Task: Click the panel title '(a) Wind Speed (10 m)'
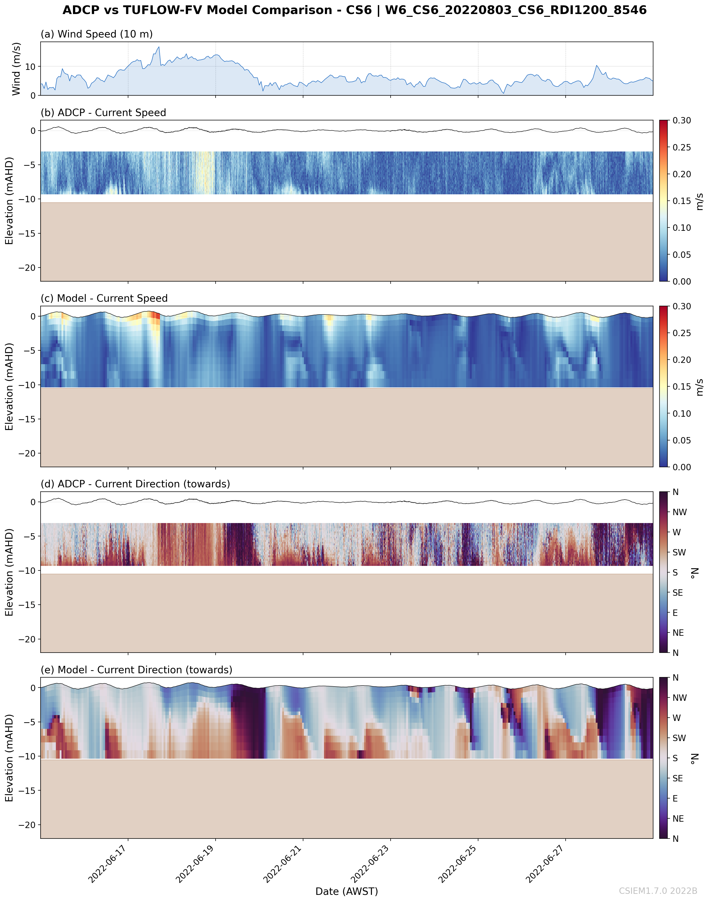tap(96, 34)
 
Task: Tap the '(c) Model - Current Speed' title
tap(104, 298)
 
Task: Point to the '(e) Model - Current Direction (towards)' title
tap(136, 670)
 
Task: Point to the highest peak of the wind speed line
tap(159, 47)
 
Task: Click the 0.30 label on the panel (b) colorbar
tap(682, 120)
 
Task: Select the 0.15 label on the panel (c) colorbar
tap(682, 387)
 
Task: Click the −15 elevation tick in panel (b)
tap(27, 233)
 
